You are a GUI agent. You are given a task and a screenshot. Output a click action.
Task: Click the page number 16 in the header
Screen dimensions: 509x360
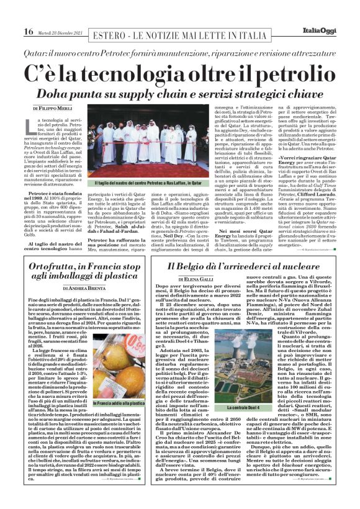coord(29,32)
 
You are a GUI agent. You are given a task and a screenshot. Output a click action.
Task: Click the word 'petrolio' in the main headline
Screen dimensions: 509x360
coord(273,73)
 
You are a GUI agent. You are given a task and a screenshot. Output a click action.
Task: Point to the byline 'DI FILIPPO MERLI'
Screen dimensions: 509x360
coord(55,108)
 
